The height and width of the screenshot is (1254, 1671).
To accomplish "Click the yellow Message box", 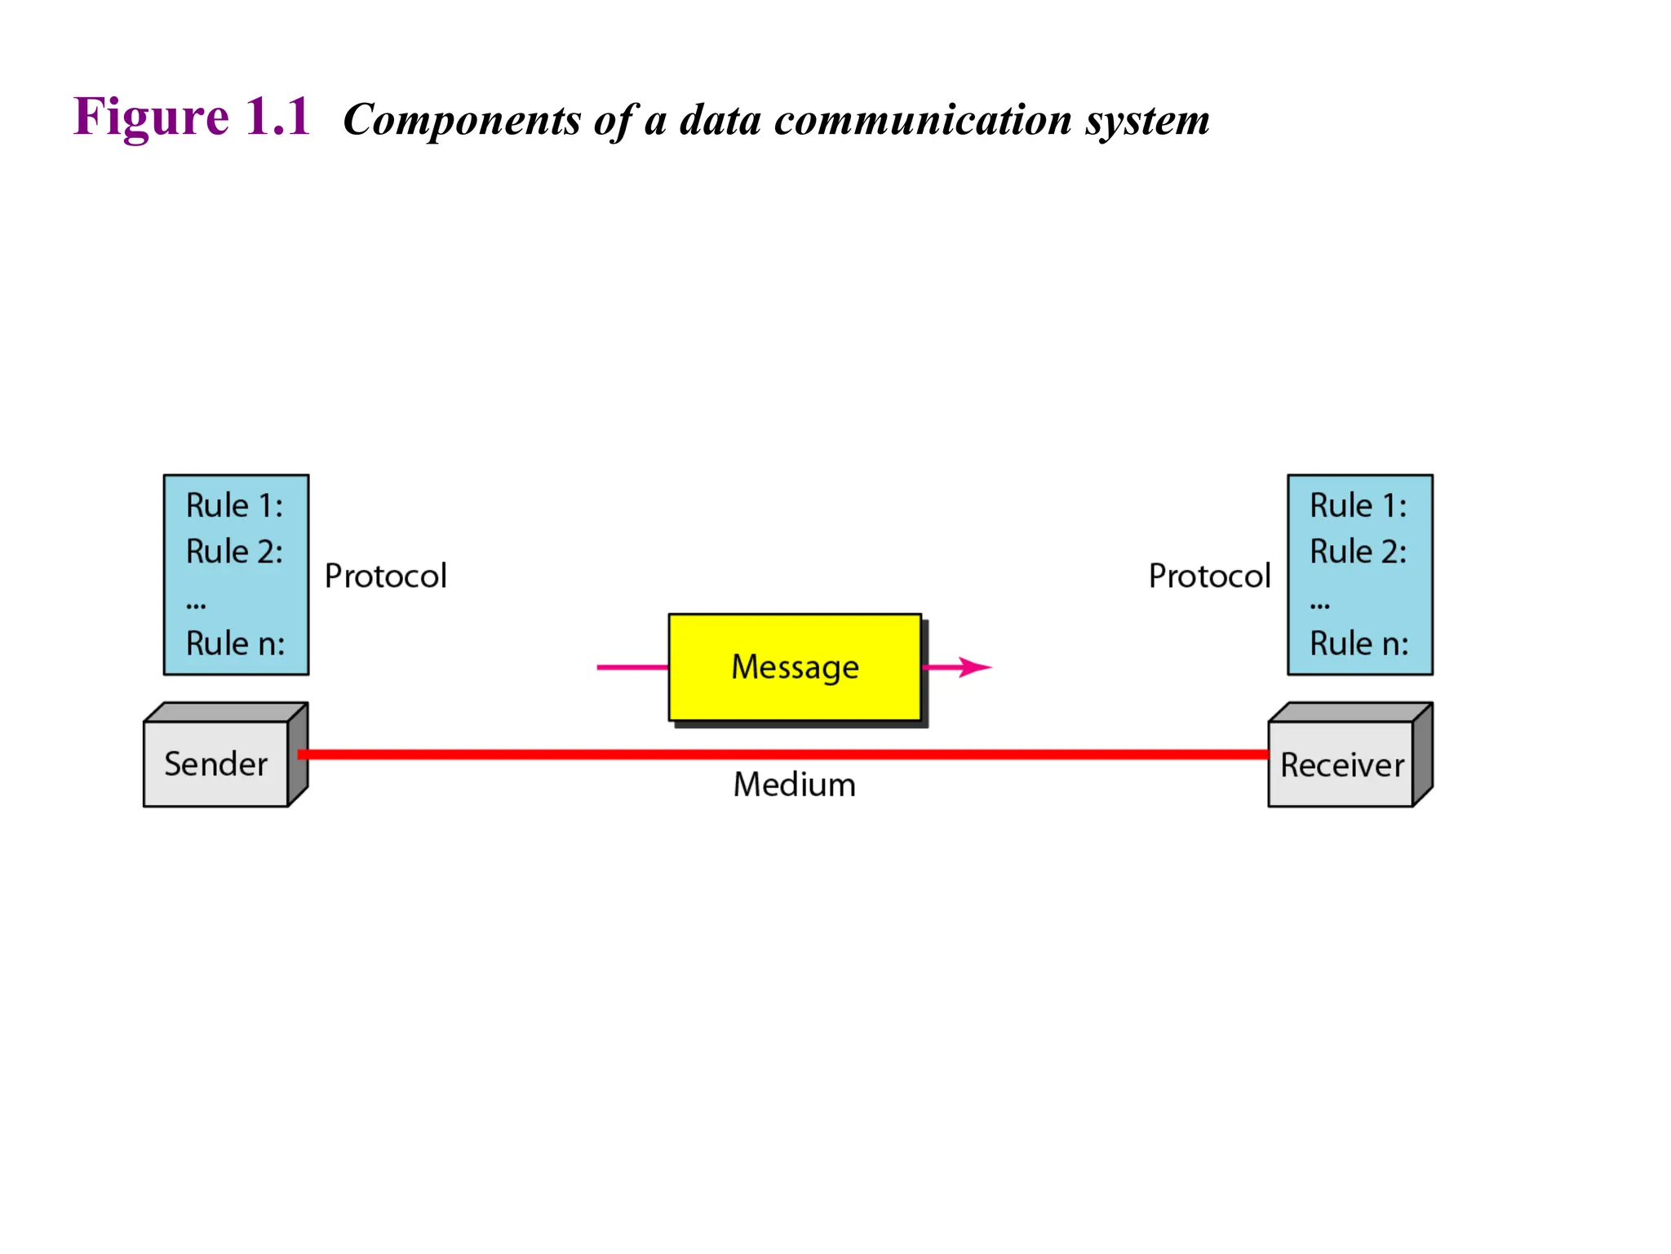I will coord(794,667).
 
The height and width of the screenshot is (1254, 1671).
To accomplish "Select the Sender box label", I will coord(215,764).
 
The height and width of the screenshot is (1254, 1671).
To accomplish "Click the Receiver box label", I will coord(1341,765).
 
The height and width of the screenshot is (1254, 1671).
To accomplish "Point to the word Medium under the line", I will coord(794,785).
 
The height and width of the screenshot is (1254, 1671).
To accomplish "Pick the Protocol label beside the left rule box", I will coord(385,576).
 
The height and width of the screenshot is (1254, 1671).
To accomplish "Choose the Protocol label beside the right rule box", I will coord(1209,576).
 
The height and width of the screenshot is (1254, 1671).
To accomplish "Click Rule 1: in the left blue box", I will coord(234,505).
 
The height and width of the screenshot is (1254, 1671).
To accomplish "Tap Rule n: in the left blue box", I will coord(235,643).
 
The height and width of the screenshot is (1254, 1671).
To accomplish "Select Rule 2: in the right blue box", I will coord(1358,552).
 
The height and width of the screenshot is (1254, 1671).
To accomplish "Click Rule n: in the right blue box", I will coord(1359,643).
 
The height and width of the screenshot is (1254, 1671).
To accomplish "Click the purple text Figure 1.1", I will coord(192,116).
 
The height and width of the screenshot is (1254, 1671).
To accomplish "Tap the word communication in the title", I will coord(922,120).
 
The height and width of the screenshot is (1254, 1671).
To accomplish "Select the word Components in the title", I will coord(462,121).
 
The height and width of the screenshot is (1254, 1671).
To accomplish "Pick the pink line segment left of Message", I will coord(632,667).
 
